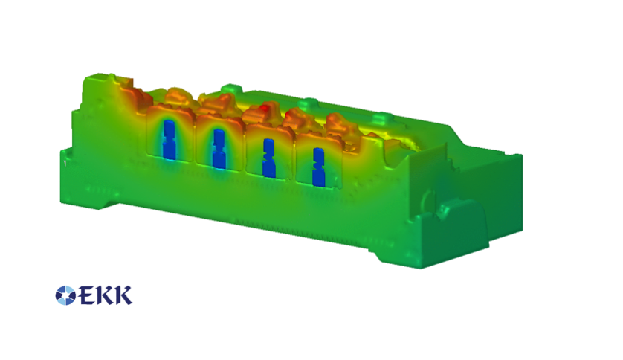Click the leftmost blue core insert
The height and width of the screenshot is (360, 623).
[x=169, y=140]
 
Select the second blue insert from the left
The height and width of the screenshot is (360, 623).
[x=219, y=149]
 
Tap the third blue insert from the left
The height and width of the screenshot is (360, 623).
[x=269, y=158]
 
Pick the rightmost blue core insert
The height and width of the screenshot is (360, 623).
[x=319, y=167]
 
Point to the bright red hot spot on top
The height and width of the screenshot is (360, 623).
[x=263, y=108]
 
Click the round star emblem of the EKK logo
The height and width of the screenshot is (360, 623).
[x=65, y=295]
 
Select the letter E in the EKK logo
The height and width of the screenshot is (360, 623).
[x=88, y=295]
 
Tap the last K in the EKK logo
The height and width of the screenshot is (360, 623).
[x=123, y=295]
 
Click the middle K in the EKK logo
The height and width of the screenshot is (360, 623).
[x=106, y=295]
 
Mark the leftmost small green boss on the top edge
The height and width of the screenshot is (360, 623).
[x=230, y=89]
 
